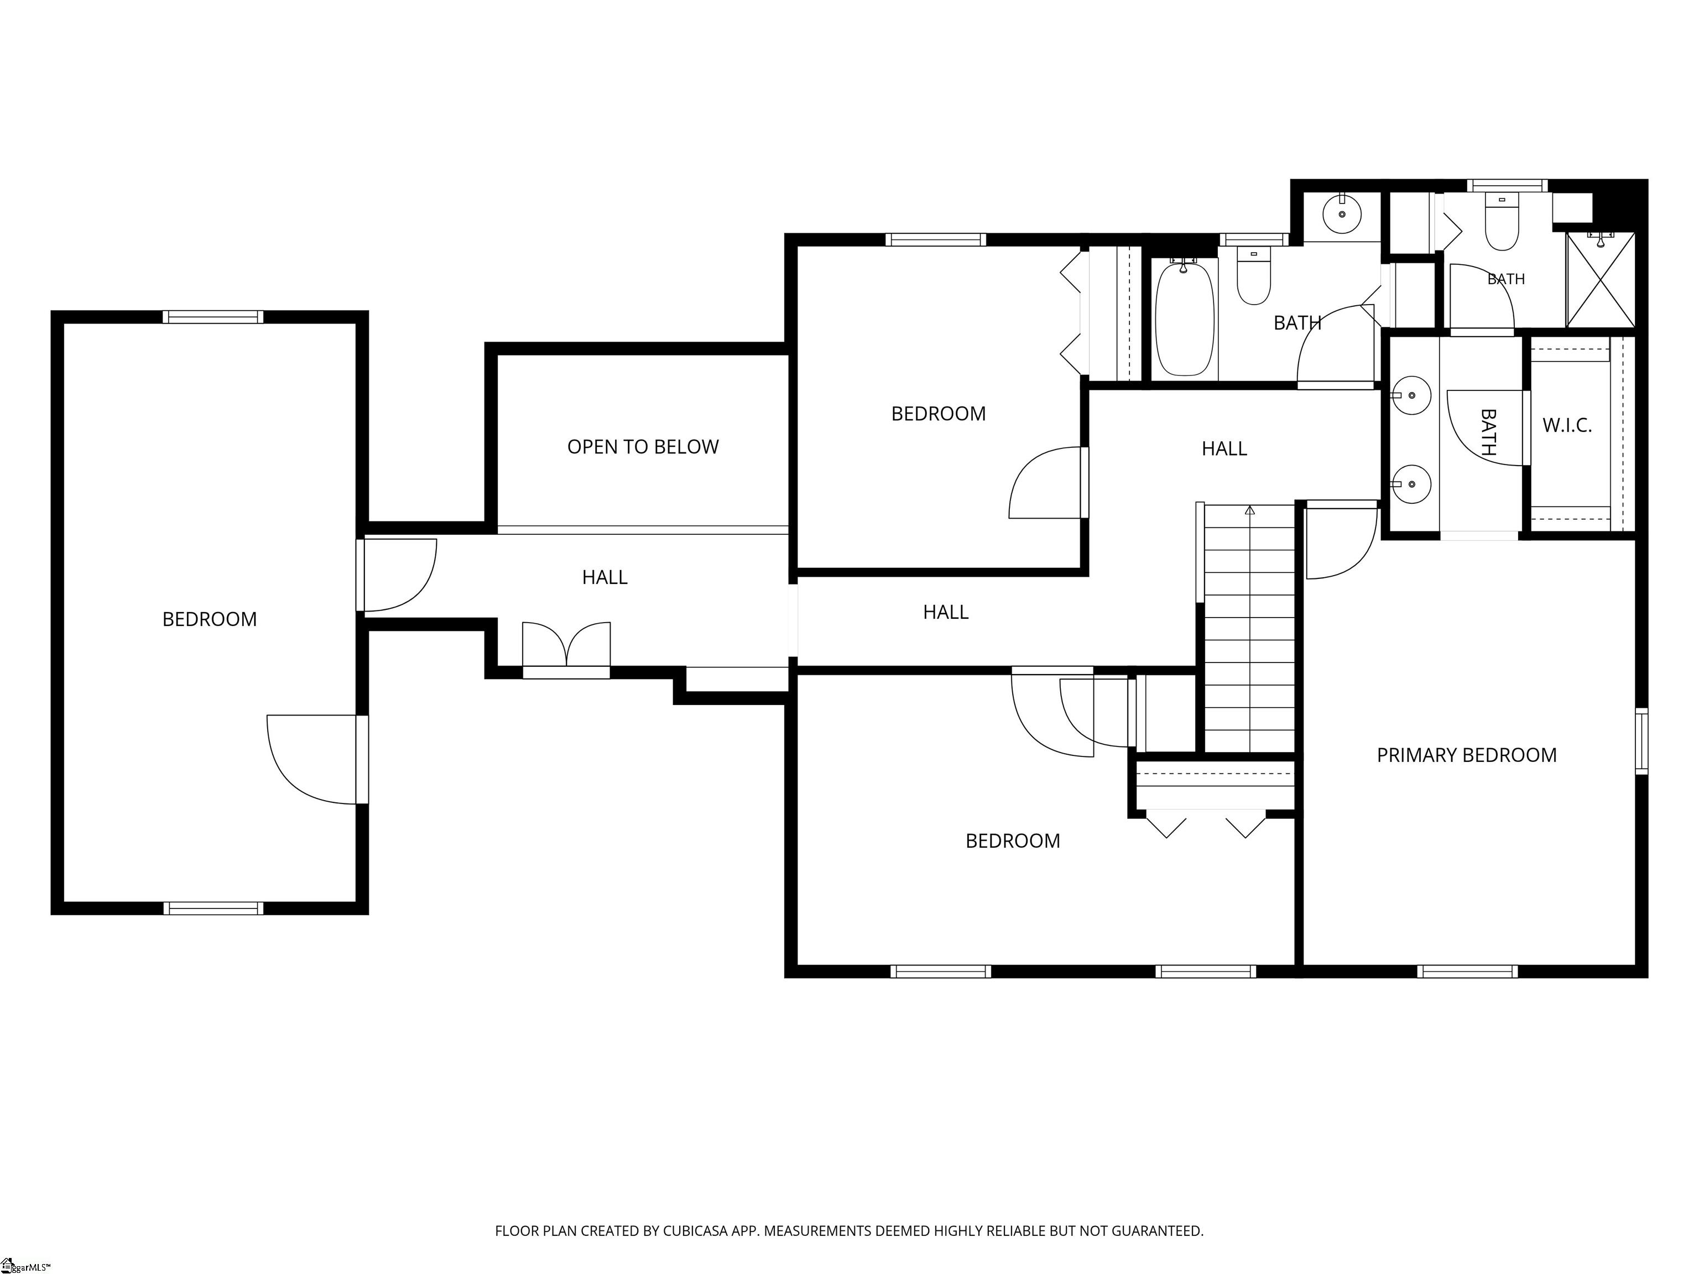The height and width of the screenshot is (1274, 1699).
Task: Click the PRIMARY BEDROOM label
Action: [1466, 755]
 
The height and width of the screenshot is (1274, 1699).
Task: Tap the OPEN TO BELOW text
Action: [643, 447]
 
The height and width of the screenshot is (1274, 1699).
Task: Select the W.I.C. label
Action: [1567, 425]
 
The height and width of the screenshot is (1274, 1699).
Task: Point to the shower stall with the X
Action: [1601, 280]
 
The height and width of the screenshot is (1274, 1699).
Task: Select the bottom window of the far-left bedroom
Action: [213, 908]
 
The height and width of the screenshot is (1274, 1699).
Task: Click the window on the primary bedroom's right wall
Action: [1641, 741]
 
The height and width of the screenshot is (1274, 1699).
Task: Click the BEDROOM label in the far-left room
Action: [210, 619]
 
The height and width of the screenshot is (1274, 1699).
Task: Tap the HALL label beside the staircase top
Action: [1224, 448]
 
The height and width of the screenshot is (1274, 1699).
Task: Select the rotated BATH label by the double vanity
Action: [1488, 432]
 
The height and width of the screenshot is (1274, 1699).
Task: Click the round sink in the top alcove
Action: [1342, 213]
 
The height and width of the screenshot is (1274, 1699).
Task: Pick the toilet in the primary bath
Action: [1502, 223]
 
